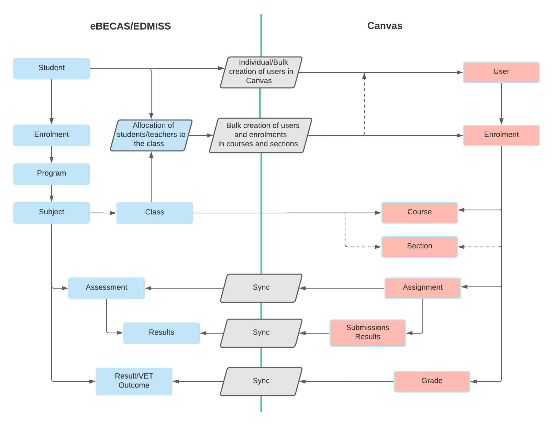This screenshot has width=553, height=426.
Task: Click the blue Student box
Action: coord(52,68)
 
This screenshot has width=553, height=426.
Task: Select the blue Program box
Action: coord(52,174)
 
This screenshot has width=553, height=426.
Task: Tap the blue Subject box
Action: coord(52,213)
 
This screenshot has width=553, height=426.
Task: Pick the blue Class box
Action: coord(155,213)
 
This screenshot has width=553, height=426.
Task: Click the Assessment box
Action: coord(107,288)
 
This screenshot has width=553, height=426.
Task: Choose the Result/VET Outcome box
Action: coord(134,381)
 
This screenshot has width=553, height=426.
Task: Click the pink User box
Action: coord(501,72)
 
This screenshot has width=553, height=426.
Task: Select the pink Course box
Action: coord(419,213)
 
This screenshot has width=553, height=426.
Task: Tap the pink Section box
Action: coord(419,247)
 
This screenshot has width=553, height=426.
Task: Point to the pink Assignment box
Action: coord(422,288)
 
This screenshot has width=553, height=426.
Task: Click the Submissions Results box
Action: coord(367,333)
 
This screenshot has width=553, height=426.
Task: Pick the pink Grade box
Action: coord(432,381)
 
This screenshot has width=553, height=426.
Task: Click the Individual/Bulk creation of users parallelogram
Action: coord(261,72)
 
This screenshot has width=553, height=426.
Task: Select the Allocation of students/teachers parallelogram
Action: coord(151,135)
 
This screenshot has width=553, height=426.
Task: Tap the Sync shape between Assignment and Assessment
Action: coord(261,288)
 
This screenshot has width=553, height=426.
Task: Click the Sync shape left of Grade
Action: coord(261,381)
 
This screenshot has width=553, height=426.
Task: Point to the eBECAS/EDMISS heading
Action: coord(130,26)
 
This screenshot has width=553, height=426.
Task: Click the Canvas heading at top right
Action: coord(385,26)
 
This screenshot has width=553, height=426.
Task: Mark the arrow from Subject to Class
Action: coord(103,213)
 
